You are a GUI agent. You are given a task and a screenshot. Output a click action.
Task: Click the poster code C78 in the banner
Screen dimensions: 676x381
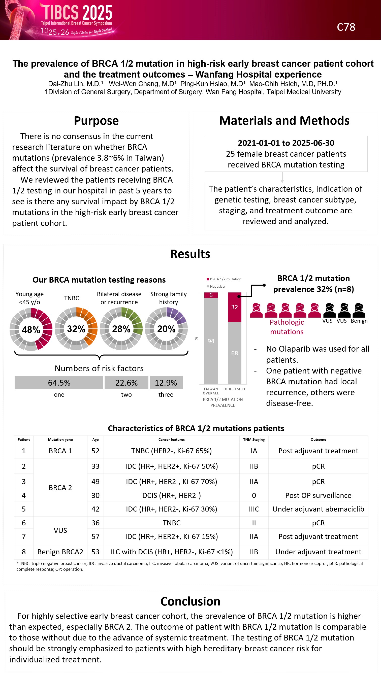[346, 27]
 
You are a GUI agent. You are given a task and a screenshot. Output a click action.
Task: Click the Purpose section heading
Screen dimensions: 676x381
[96, 121]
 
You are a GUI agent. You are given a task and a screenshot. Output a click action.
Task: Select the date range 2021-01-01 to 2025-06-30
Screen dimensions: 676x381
[286, 143]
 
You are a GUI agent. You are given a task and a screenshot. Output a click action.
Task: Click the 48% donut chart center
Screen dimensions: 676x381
[31, 329]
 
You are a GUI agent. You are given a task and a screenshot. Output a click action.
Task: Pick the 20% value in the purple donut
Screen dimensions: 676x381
[166, 329]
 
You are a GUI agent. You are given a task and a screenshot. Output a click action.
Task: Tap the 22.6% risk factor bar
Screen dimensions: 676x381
[126, 383]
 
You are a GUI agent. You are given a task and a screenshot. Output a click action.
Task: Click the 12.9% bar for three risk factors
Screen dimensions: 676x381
[166, 383]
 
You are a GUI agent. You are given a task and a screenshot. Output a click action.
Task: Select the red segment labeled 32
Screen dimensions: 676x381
[235, 307]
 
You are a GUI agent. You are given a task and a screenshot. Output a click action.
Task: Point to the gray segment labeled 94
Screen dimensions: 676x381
[211, 341]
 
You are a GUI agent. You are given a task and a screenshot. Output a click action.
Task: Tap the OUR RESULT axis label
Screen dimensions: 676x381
[235, 389]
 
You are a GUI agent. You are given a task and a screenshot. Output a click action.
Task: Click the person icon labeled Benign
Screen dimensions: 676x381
[359, 311]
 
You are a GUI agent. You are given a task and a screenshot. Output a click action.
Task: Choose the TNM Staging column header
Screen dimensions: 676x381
[254, 440]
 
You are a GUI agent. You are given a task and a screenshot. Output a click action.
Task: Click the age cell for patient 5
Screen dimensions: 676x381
[95, 509]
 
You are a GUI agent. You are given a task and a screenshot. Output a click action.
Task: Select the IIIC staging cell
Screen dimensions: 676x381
[254, 509]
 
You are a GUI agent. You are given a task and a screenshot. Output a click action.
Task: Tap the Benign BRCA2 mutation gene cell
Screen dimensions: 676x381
[60, 552]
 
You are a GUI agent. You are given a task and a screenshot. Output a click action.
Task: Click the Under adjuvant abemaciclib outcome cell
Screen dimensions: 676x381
[318, 509]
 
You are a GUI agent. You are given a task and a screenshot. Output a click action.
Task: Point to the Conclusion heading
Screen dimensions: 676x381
[190, 601]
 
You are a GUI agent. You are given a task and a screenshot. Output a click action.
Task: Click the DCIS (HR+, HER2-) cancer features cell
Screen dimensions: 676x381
[171, 495]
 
